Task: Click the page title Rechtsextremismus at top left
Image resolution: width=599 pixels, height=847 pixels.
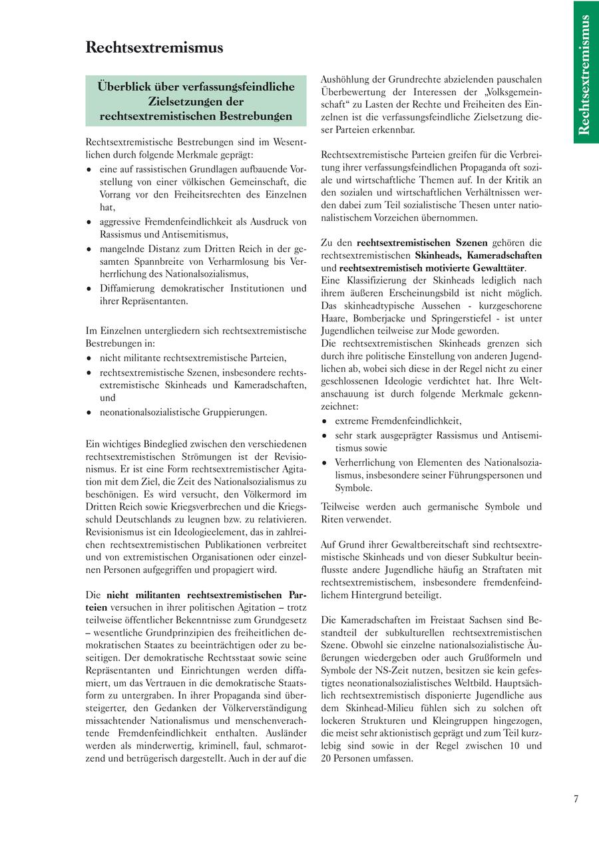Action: coord(154,48)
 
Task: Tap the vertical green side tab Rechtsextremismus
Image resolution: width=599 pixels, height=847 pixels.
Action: coord(584,74)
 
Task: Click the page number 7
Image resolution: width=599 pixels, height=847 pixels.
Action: coord(576,800)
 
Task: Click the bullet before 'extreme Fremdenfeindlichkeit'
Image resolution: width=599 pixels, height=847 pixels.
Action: coord(324,422)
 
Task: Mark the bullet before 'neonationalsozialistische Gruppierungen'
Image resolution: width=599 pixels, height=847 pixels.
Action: coord(89,413)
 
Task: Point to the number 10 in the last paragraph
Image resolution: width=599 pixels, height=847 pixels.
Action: coord(514,746)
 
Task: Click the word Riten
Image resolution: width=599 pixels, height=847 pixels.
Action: coord(333,519)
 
